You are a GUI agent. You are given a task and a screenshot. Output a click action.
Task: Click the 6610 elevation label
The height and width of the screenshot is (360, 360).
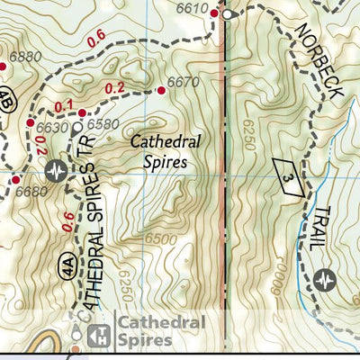(193, 8)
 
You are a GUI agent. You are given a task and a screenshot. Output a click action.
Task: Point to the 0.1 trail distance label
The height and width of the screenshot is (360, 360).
(64, 106)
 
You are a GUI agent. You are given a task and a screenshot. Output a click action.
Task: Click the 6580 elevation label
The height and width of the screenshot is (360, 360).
(104, 124)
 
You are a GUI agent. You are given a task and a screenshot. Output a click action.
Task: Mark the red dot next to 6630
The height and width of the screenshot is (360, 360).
(30, 123)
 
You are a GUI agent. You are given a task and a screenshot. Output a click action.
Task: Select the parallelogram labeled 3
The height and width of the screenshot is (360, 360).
(285, 173)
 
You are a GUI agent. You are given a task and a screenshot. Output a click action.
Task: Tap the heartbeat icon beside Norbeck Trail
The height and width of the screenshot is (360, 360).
(325, 280)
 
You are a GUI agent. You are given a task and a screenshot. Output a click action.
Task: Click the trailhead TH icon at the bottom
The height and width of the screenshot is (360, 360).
(101, 331)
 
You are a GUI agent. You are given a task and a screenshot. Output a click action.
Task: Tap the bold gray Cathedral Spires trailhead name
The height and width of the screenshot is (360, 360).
(158, 331)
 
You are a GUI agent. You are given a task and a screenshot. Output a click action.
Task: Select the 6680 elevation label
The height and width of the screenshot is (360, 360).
(31, 190)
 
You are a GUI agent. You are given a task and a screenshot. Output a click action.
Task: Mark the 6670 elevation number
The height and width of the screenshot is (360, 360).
(184, 82)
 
